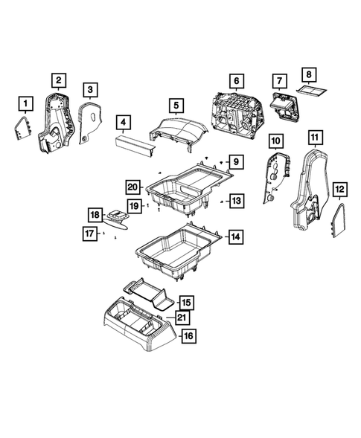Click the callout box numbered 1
[x=26, y=103]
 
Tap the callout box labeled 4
[x=123, y=121]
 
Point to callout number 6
[x=236, y=81]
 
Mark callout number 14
[x=235, y=237]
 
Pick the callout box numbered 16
[x=187, y=336]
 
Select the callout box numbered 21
[x=182, y=318]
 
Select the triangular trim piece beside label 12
[x=337, y=221]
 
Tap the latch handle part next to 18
[x=118, y=216]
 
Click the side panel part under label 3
[x=89, y=123]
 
